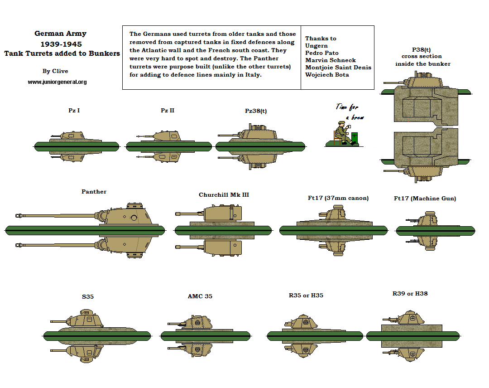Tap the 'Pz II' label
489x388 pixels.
[168, 110]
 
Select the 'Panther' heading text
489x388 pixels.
[94, 192]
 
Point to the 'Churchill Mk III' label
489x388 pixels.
[224, 195]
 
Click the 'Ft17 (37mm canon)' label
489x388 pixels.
[338, 198]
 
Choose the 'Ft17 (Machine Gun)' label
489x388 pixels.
[425, 199]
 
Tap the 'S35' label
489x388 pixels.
[88, 297]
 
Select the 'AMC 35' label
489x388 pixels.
[200, 296]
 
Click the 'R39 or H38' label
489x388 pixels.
[410, 294]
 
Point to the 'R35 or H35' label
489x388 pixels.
[306, 296]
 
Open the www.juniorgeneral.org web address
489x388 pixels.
[57, 82]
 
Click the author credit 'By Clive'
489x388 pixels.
[55, 71]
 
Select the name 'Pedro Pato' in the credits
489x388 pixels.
[321, 53]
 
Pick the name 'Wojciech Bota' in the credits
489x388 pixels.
[327, 75]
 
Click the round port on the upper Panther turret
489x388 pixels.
[134, 218]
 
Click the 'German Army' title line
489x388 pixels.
[60, 34]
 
